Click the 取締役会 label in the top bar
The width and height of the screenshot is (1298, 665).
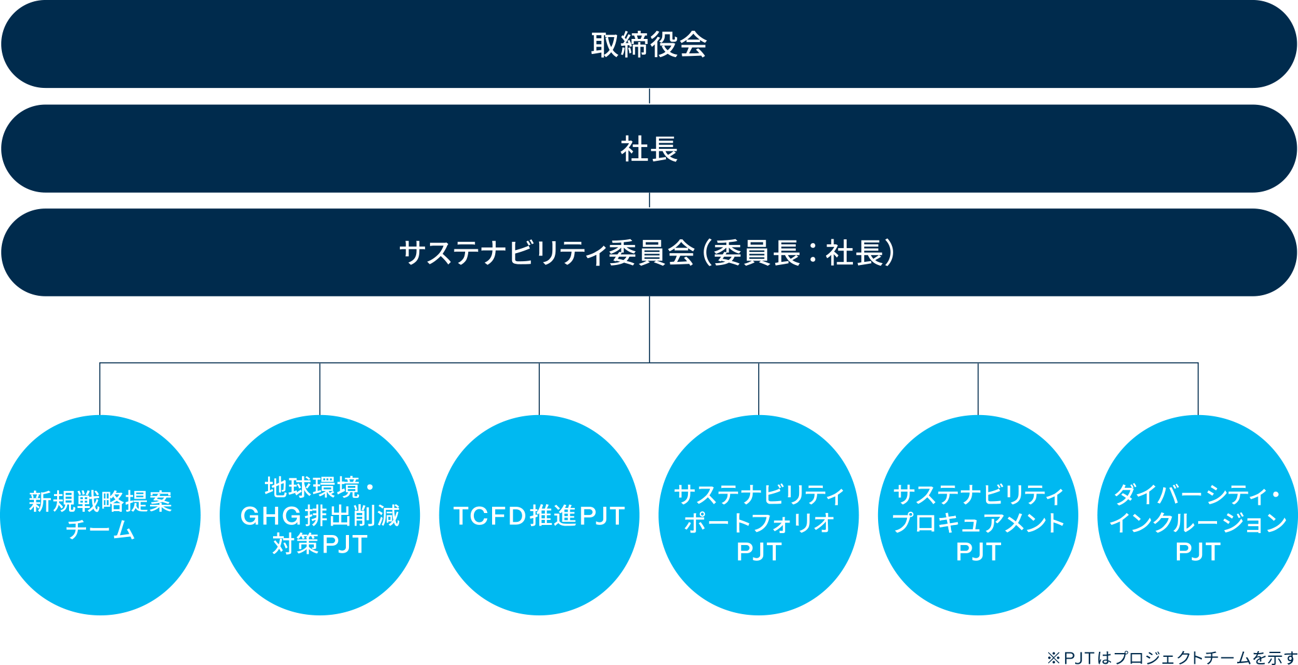pos(649,45)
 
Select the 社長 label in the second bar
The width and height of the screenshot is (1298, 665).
pos(649,149)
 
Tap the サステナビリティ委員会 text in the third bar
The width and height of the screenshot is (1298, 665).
pos(547,253)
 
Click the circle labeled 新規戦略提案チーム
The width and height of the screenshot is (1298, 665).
pos(100,515)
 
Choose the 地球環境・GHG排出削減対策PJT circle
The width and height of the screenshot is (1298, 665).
pos(319,515)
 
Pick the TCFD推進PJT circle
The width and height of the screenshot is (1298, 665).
pos(539,515)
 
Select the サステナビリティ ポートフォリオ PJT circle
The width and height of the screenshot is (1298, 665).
pos(758,515)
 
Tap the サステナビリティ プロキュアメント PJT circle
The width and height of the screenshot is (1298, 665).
pos(978,515)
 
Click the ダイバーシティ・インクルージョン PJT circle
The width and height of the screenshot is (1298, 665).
pos(1198,515)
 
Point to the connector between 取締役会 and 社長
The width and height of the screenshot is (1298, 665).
pos(649,96)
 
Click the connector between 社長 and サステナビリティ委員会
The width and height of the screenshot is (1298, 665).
pos(649,200)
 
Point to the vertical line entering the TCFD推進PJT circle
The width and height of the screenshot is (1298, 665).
pos(539,389)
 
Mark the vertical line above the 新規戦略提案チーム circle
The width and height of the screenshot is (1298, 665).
pos(100,389)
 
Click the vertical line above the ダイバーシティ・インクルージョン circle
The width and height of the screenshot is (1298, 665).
pos(1198,389)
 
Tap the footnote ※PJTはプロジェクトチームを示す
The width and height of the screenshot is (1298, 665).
pos(1171,657)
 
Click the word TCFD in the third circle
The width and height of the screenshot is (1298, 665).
pos(490,516)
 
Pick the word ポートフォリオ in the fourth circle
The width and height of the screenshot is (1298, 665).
pos(758,523)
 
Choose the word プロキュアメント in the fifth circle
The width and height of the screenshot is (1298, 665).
pos(978,523)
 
